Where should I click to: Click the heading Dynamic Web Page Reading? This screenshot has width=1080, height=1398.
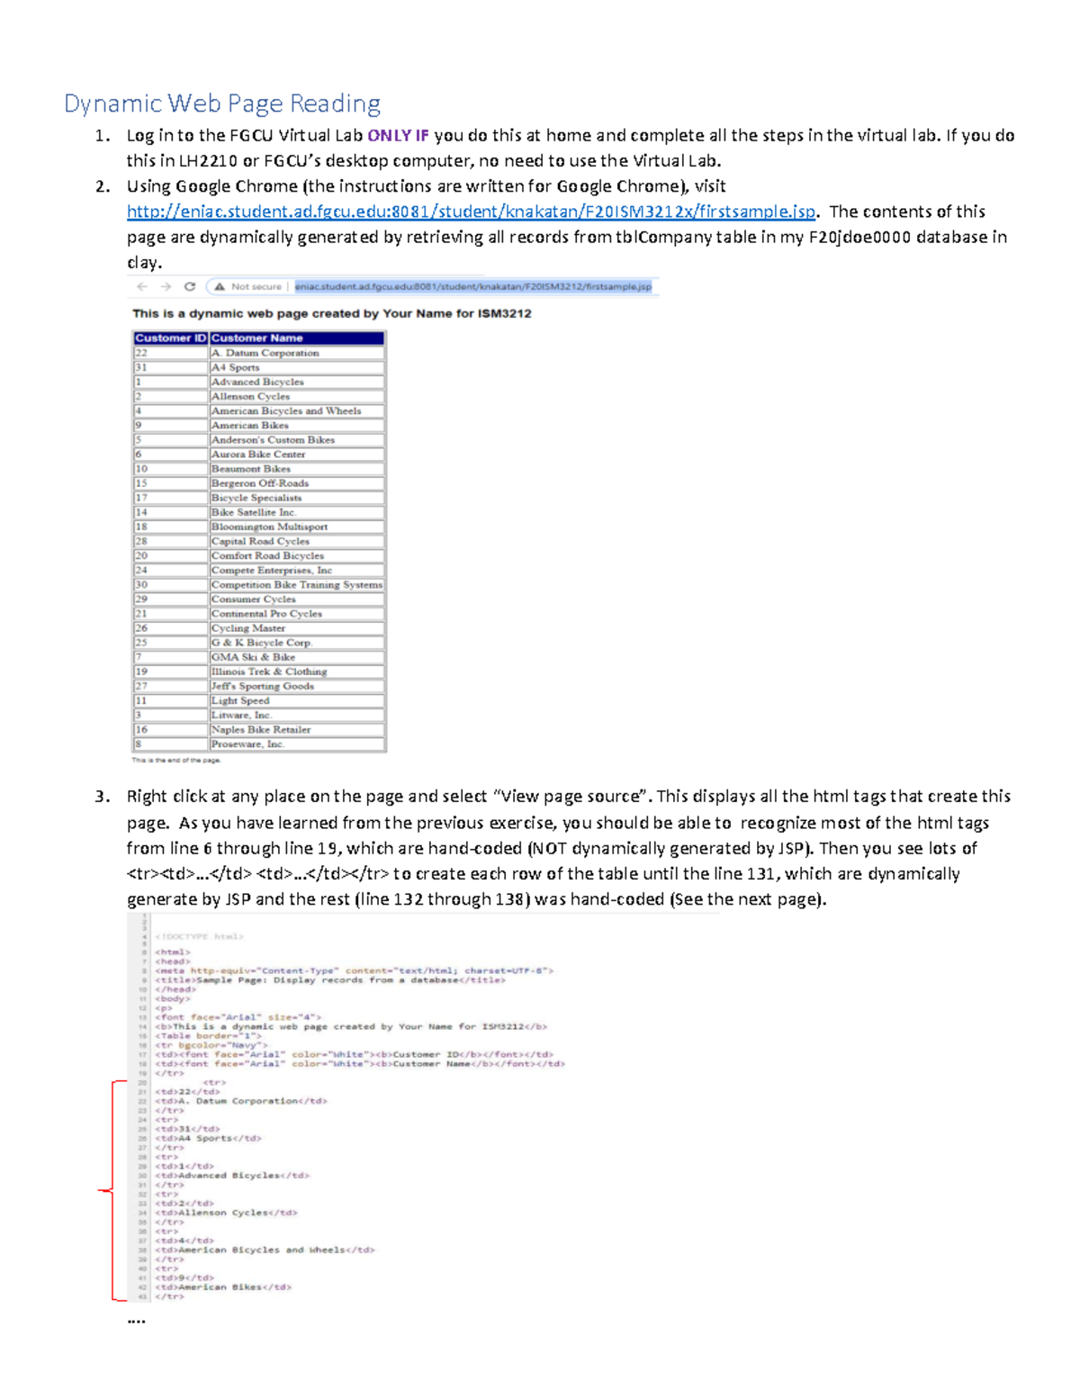(222, 104)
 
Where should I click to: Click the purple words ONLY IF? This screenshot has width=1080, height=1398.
(398, 136)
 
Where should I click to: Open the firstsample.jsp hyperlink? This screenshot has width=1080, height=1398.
(471, 212)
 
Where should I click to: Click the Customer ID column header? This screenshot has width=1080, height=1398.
(170, 338)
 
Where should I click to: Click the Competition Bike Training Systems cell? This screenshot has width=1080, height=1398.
(296, 584)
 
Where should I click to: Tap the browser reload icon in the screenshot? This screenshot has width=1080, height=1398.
(190, 286)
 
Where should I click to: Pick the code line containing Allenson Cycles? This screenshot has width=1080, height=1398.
(226, 1213)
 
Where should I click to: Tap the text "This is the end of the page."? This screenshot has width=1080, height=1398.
(176, 760)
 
